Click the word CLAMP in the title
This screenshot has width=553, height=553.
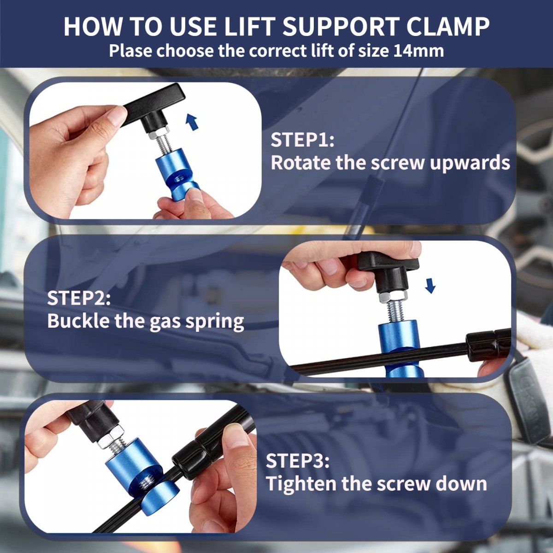(x=448, y=26)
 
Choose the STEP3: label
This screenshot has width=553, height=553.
(x=298, y=461)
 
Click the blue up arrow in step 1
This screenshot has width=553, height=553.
(x=192, y=122)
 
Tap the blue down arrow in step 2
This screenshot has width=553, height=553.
(x=430, y=286)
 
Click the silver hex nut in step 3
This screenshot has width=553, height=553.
(x=111, y=438)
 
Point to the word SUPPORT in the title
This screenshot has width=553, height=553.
(x=341, y=26)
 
